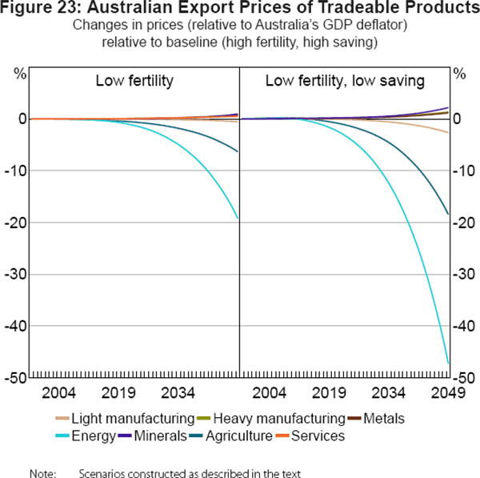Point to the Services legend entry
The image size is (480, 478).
(318, 436)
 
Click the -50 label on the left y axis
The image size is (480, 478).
(16, 377)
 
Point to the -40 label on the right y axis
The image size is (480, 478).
(464, 326)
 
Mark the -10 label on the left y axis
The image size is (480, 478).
(16, 171)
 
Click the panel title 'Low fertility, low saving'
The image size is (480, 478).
(345, 82)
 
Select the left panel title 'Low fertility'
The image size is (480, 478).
(134, 82)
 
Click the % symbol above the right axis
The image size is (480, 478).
(459, 74)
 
